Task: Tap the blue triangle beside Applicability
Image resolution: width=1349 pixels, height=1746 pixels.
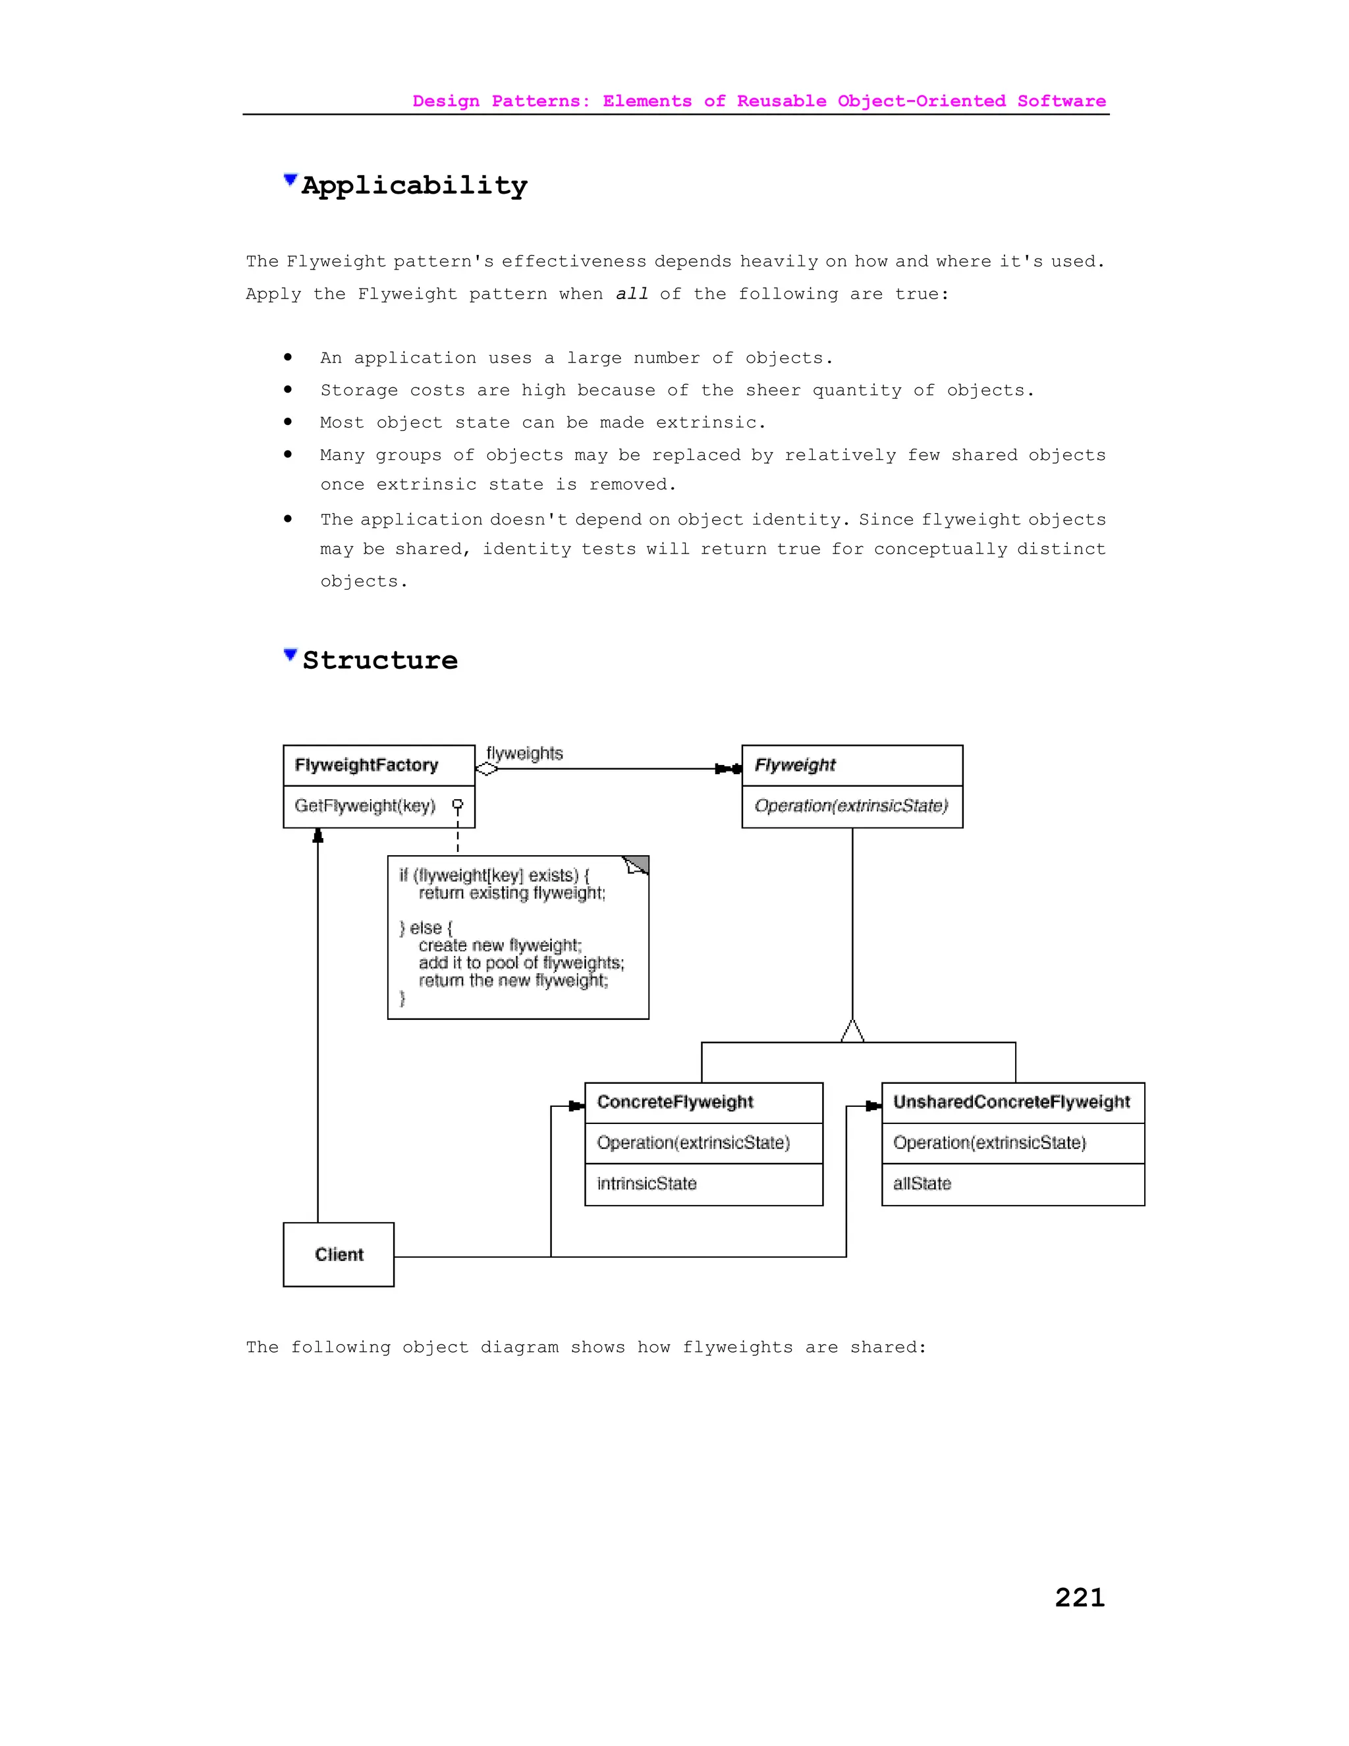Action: point(290,180)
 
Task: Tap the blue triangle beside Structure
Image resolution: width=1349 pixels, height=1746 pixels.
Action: point(290,655)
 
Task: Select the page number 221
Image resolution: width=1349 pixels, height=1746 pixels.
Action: point(1079,1597)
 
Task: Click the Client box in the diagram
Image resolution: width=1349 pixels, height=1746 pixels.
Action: point(339,1254)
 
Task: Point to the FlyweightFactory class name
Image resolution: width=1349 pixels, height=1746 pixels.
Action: point(367,765)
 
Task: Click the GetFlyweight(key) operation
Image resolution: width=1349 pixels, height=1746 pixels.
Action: point(365,806)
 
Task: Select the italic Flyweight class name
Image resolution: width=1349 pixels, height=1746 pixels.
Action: point(795,765)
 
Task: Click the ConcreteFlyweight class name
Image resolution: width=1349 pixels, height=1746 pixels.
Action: point(675,1102)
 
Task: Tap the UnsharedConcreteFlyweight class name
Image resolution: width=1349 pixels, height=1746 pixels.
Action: point(1012,1102)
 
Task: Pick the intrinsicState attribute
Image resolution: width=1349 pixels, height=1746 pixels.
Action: point(647,1184)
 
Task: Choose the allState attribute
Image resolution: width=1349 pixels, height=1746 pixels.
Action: point(922,1184)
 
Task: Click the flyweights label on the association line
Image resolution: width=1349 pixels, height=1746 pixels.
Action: point(524,753)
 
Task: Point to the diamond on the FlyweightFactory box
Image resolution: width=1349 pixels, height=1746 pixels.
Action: point(487,769)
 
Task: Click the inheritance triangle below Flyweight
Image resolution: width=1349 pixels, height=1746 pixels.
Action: point(853,1031)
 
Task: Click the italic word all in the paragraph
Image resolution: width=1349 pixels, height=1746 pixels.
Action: point(631,295)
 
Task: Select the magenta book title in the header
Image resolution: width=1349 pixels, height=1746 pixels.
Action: point(759,101)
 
